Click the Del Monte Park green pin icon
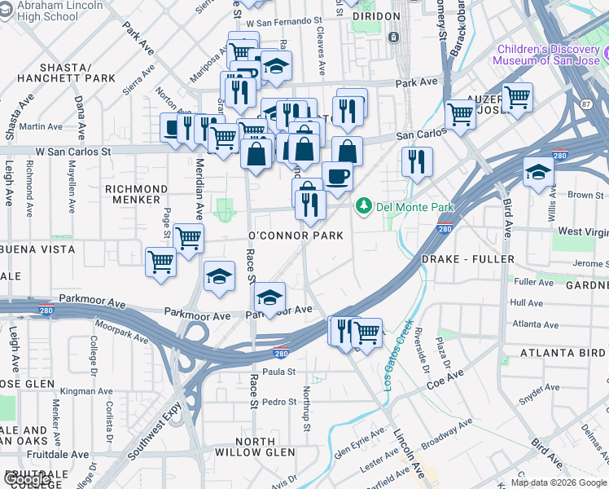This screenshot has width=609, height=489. click(365, 207)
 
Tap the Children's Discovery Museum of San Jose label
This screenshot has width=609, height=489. click(548, 55)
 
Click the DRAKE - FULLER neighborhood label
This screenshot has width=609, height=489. click(467, 259)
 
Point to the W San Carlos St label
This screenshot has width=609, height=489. click(72, 152)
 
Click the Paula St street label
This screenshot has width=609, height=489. click(278, 372)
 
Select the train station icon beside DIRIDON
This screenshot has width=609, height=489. click(393, 37)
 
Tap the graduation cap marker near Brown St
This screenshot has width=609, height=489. click(538, 172)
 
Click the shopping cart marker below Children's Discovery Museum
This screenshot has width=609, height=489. click(518, 97)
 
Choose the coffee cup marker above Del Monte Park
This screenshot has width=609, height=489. click(337, 174)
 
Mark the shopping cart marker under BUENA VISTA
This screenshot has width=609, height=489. click(160, 262)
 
